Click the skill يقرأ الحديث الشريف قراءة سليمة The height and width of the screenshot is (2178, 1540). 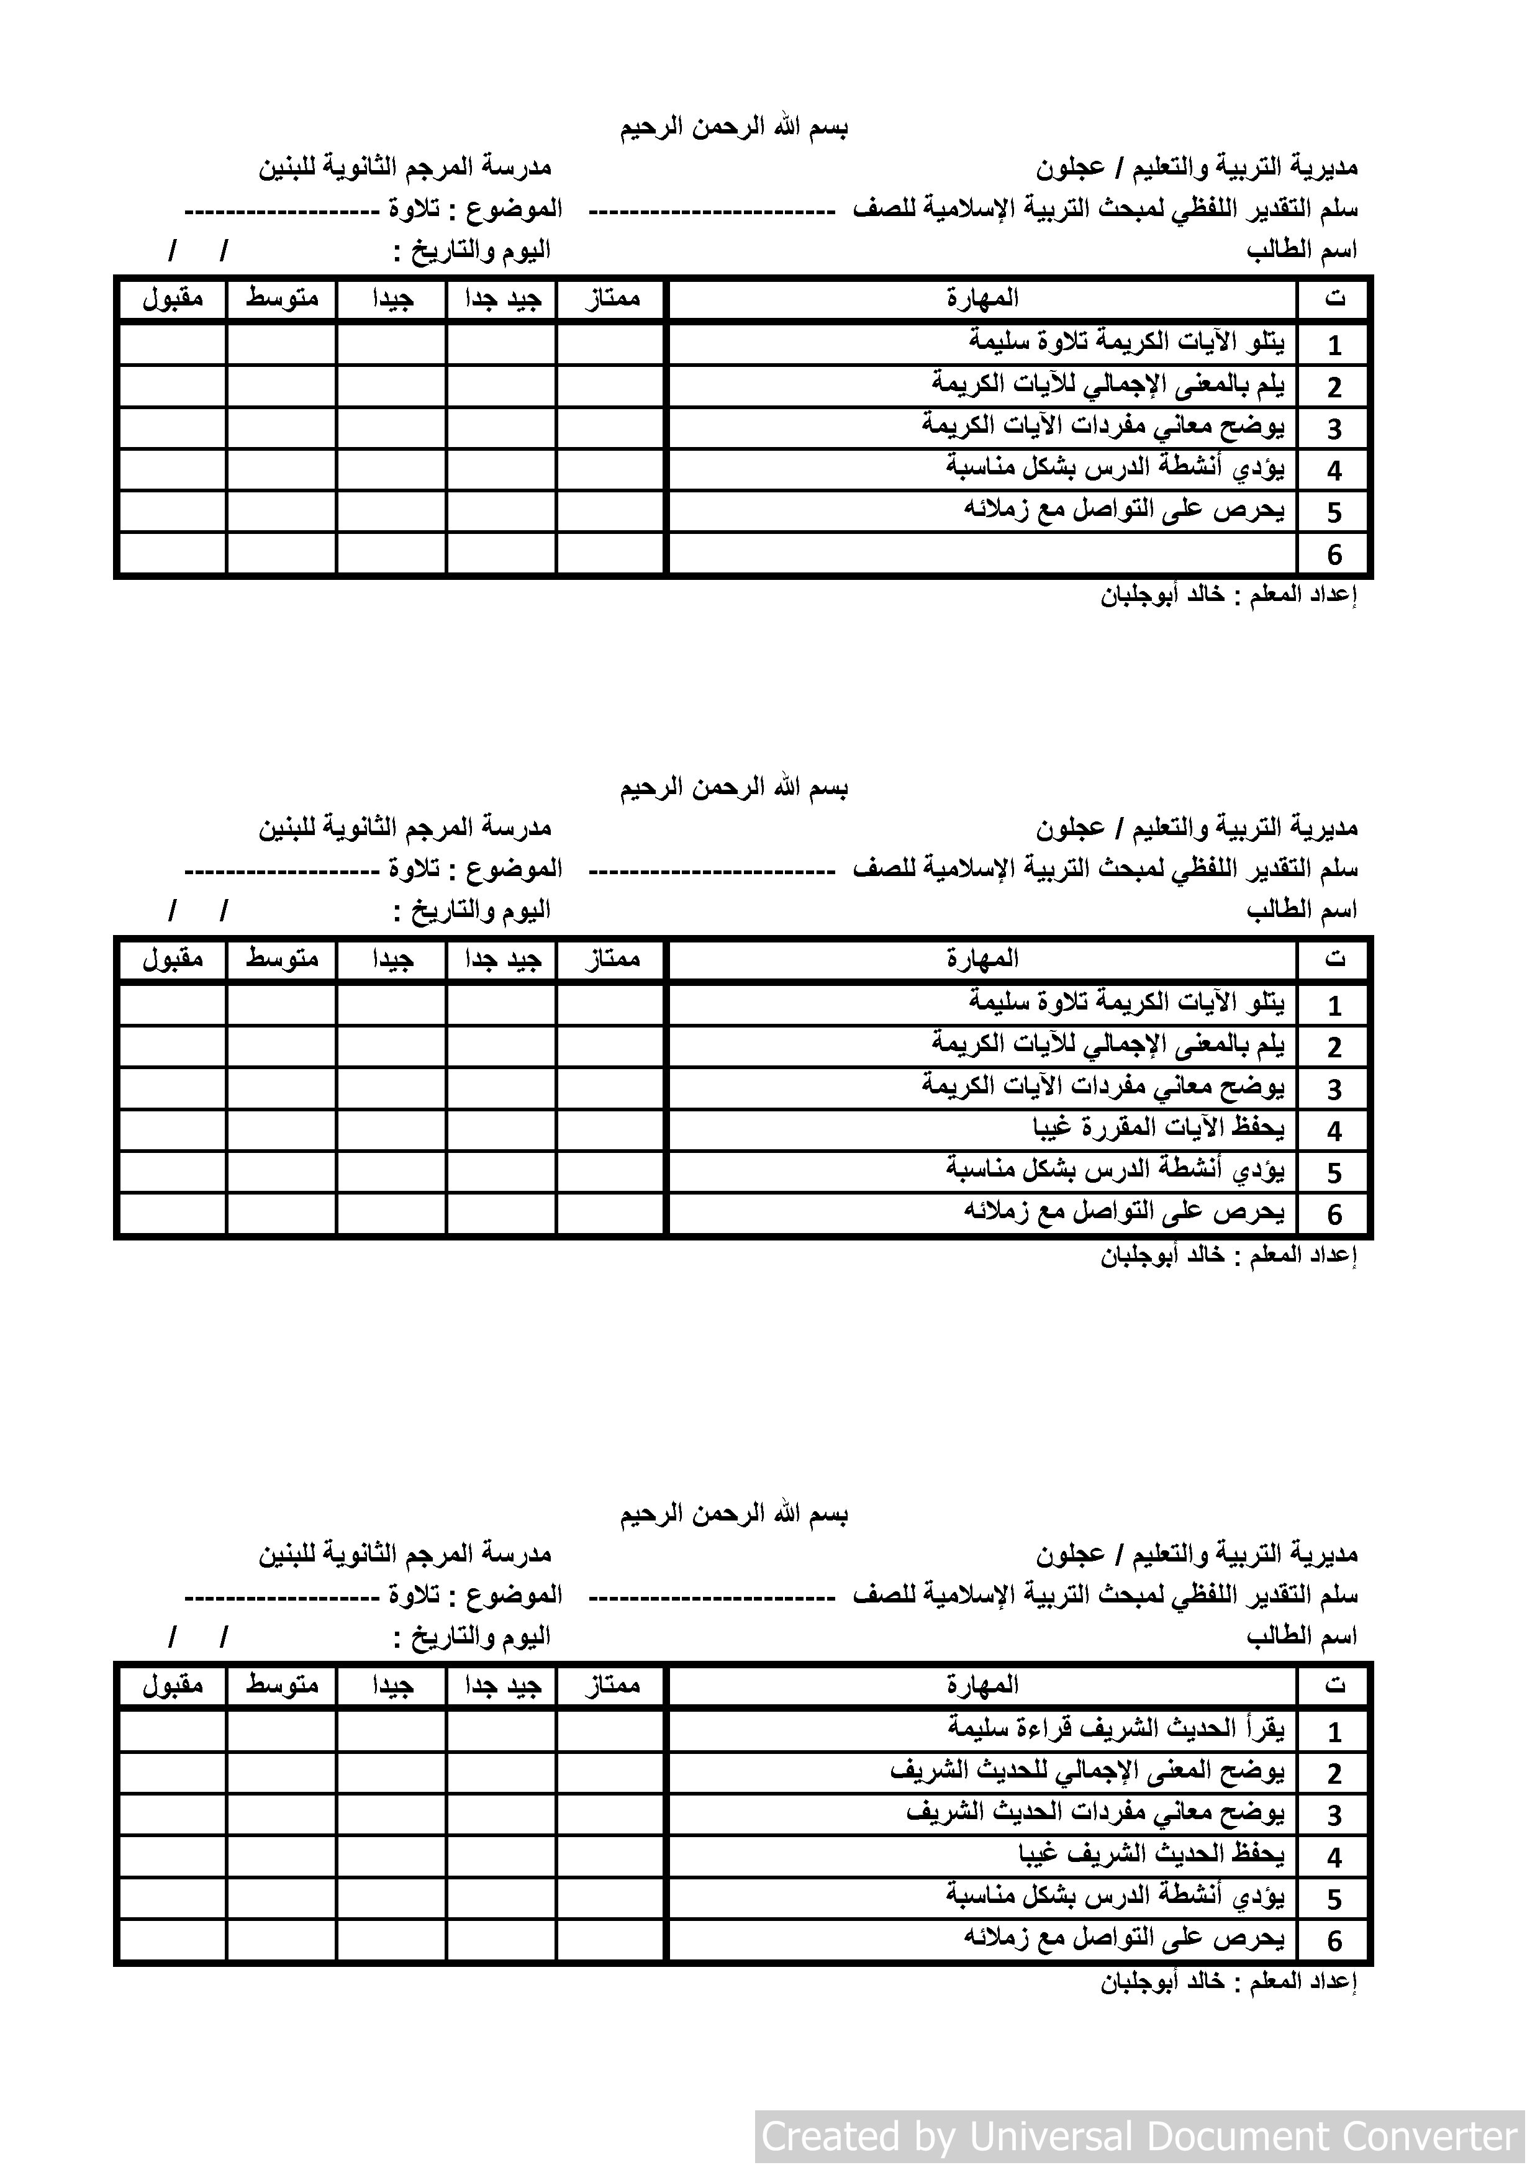[1116, 1728]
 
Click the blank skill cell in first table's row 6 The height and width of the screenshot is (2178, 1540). [982, 553]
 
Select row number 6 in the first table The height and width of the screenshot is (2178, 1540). [1334, 554]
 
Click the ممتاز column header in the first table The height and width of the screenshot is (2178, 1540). [611, 299]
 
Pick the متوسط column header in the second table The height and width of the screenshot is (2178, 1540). [282, 959]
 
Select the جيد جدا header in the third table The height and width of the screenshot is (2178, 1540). [502, 1685]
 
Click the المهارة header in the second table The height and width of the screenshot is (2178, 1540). [982, 959]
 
